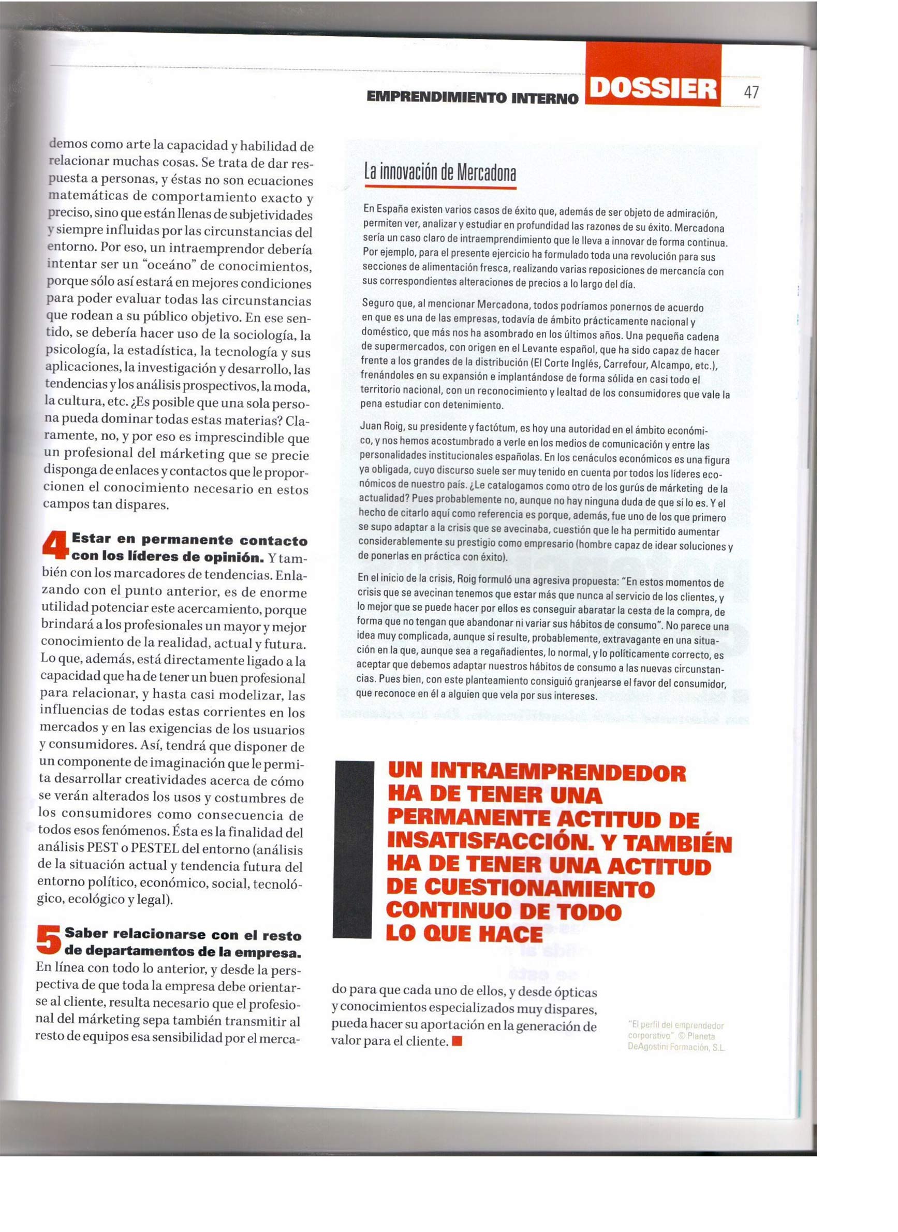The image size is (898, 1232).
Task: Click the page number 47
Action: (x=750, y=92)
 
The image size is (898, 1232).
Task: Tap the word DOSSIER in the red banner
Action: (x=653, y=89)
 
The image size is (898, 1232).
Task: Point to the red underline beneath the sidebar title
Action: (x=440, y=187)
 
